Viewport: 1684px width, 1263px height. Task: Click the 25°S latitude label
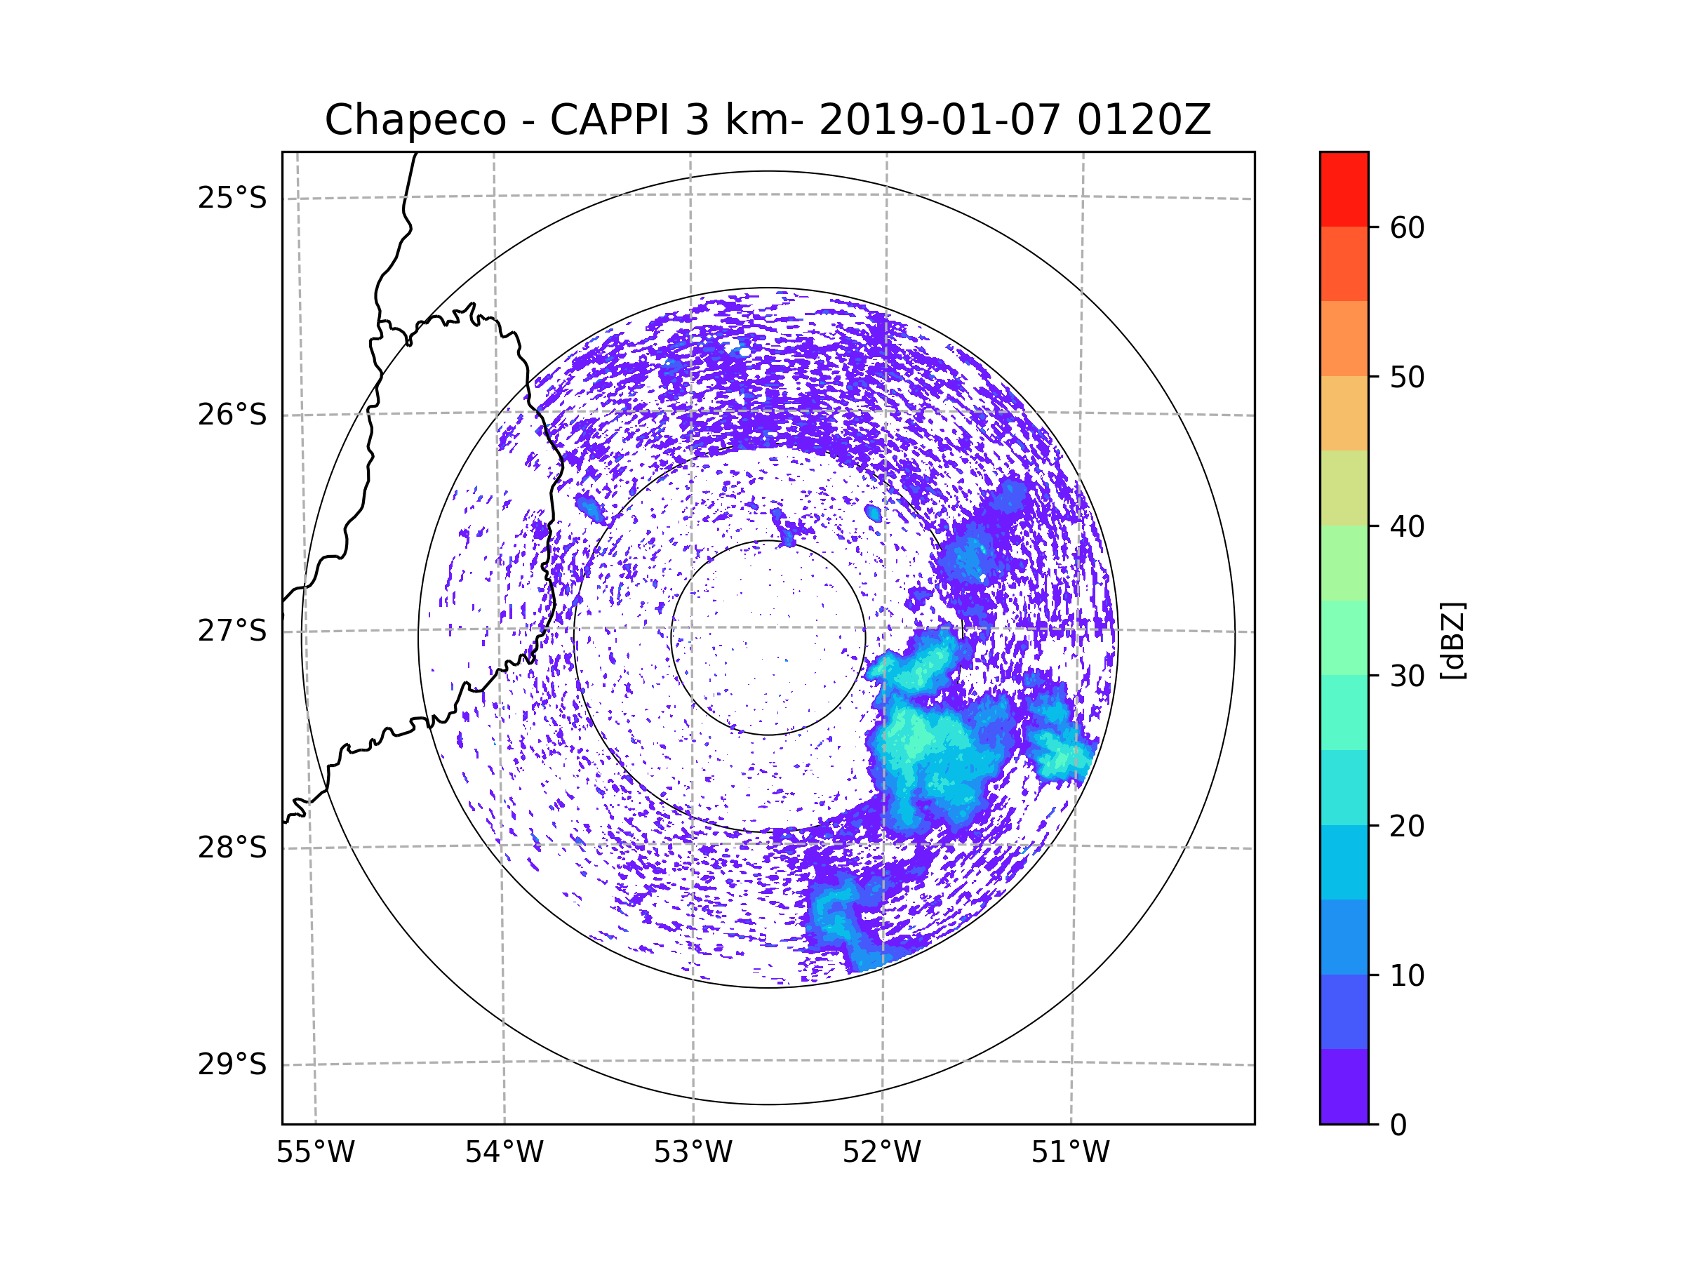coord(232,198)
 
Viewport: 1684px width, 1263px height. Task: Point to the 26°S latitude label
coord(232,415)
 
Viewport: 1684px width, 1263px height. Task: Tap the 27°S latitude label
coord(232,631)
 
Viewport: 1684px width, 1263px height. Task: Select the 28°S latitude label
coord(232,848)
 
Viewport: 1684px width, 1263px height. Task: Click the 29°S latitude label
coord(232,1064)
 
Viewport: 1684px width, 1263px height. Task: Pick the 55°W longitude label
coord(315,1153)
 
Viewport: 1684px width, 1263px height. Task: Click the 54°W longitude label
coord(504,1153)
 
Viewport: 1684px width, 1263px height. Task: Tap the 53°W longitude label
coord(693,1153)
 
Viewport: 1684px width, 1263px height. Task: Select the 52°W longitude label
coord(881,1153)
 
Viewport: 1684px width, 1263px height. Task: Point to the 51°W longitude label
coord(1070,1153)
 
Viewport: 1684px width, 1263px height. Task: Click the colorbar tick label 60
coord(1407,227)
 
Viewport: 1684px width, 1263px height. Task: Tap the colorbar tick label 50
coord(1407,377)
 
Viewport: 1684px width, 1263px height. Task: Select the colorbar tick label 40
coord(1407,527)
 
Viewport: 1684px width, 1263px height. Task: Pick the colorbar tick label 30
coord(1407,676)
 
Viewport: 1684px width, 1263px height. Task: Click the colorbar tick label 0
coord(1398,1125)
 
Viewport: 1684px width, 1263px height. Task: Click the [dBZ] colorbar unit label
coord(1452,640)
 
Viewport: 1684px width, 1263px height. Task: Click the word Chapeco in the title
coord(415,120)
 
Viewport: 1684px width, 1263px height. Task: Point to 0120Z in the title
coord(1144,119)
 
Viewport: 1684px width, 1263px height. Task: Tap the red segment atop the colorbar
coord(1344,189)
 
